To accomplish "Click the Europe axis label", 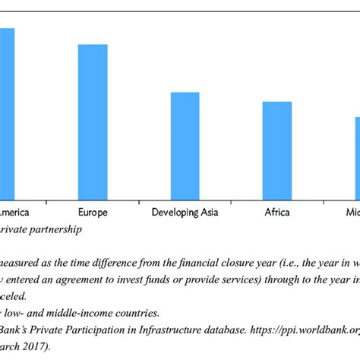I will [93, 212].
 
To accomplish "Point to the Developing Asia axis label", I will [185, 212].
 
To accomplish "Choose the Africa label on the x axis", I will [276, 212].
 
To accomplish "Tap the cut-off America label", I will [14, 212].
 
